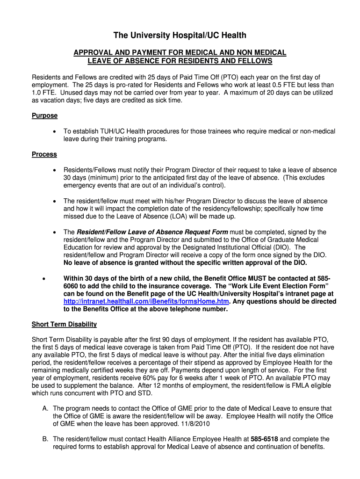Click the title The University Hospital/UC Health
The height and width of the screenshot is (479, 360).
tap(180, 36)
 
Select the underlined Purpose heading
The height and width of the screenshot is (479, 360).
tap(44, 116)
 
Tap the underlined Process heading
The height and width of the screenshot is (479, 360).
tap(44, 154)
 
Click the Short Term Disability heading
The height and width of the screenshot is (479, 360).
tap(64, 324)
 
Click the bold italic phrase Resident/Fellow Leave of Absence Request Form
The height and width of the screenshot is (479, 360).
tap(152, 232)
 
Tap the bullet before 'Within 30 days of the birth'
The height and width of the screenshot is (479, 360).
tap(43, 278)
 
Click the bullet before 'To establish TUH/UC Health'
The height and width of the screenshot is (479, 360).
tap(55, 132)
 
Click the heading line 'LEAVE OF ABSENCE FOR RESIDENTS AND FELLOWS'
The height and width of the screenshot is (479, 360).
tap(180, 61)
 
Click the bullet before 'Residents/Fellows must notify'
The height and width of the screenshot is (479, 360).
tap(55, 170)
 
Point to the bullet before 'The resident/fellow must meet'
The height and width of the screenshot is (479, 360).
tap(55, 201)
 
